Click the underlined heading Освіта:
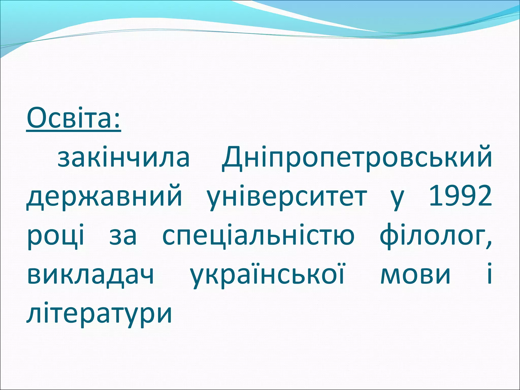(74, 118)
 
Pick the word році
(56, 236)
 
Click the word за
(123, 236)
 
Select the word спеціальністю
(258, 236)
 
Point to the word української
(268, 275)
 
